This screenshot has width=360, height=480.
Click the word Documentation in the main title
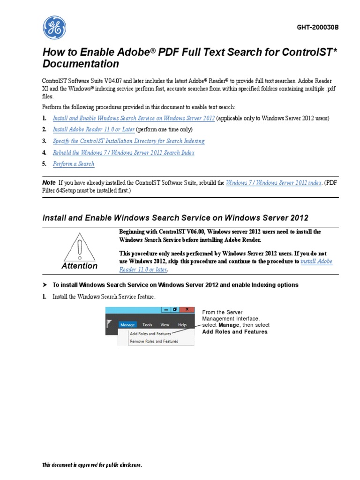tap(81, 64)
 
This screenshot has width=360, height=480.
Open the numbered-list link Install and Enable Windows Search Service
tap(134, 118)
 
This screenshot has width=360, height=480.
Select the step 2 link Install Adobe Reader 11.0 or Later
tap(94, 129)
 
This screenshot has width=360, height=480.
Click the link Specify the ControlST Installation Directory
tap(128, 141)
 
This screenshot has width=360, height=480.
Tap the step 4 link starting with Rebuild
tap(123, 152)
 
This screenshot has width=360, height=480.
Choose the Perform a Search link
tap(74, 164)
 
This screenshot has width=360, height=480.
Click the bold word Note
tap(49, 182)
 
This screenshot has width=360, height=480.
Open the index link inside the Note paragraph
tap(274, 183)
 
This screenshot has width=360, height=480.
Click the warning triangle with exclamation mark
tap(80, 245)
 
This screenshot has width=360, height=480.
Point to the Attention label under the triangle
tap(80, 266)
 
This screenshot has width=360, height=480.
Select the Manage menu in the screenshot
tap(127, 324)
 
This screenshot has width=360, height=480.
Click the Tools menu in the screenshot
tap(147, 324)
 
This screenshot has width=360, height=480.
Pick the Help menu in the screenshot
tap(182, 324)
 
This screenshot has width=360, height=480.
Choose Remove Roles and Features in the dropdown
tap(154, 341)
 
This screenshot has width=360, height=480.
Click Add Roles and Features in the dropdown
tap(150, 334)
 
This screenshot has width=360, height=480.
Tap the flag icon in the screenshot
tap(110, 323)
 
